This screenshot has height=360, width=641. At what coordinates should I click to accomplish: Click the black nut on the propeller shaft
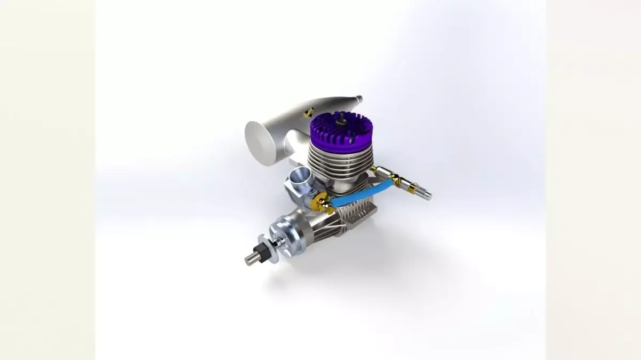click(262, 251)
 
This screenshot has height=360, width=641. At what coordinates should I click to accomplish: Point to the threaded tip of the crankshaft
click(251, 259)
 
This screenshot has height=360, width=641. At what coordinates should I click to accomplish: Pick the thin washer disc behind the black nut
click(272, 246)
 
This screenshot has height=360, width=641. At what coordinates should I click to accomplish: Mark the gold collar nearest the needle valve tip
click(411, 187)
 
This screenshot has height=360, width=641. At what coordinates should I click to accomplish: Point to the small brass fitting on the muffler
click(308, 112)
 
